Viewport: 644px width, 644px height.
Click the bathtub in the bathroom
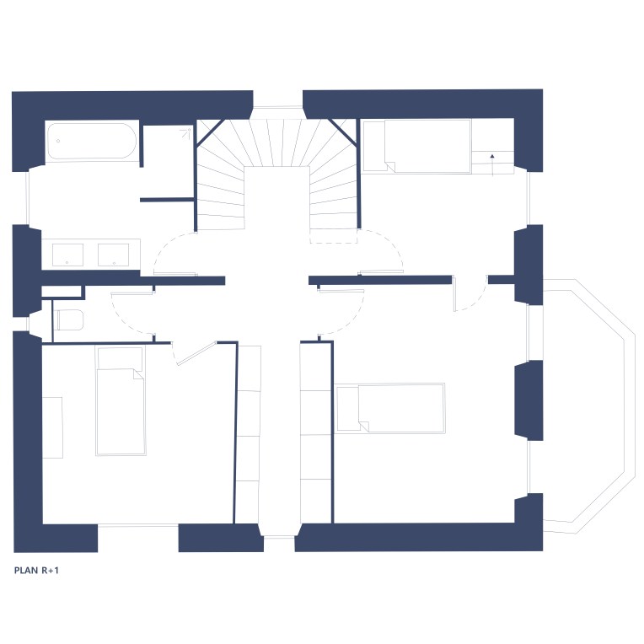click(91, 141)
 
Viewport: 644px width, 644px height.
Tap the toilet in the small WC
click(70, 320)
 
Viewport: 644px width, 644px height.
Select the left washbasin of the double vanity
click(67, 255)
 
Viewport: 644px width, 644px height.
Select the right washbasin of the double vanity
click(113, 255)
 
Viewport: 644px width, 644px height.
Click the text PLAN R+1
click(36, 571)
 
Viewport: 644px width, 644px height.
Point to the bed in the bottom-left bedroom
click(121, 401)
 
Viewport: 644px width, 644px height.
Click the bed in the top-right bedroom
click(417, 146)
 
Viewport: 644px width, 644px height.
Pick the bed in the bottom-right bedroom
click(390, 408)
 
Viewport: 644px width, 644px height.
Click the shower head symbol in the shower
click(187, 132)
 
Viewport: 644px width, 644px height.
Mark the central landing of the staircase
click(276, 197)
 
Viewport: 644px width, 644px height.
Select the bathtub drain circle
click(58, 141)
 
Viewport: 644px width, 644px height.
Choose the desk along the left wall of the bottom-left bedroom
click(52, 427)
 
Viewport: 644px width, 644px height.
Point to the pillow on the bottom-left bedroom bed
click(120, 358)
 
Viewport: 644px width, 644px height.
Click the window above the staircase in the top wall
click(277, 108)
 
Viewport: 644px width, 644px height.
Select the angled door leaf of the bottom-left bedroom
click(196, 352)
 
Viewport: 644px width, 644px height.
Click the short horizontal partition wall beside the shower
click(167, 200)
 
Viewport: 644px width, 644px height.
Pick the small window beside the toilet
click(28, 324)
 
